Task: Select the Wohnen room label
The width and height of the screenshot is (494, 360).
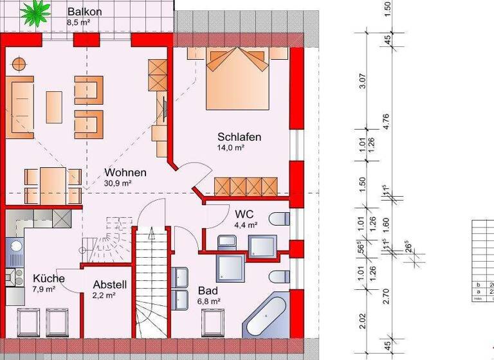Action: (125, 172)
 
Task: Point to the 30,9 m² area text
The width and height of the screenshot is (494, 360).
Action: (118, 183)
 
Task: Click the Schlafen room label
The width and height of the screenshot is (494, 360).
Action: (239, 137)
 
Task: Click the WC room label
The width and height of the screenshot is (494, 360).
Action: (244, 213)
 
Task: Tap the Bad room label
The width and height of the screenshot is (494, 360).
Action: (208, 290)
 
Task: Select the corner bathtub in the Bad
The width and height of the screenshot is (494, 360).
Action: (267, 316)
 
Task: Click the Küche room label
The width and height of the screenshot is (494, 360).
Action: (48, 278)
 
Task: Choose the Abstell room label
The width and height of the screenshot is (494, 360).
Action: (109, 284)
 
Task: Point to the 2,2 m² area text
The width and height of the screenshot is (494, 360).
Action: (104, 296)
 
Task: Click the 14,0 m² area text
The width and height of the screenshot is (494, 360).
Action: (230, 147)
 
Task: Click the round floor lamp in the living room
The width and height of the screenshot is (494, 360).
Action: (18, 64)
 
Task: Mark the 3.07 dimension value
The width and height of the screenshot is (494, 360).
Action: (363, 82)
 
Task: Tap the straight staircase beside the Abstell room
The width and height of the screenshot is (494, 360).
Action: (152, 283)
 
